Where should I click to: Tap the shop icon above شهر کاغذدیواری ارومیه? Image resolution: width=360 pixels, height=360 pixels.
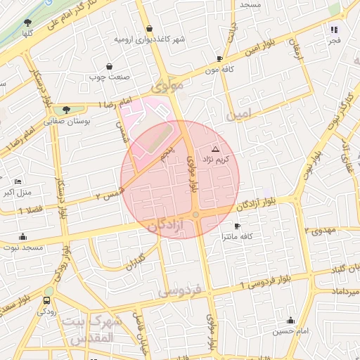149,28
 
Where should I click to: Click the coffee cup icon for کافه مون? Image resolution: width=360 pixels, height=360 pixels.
219,59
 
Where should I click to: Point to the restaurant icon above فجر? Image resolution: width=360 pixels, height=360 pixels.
334,30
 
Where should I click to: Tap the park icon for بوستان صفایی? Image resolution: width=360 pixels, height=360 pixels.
66,110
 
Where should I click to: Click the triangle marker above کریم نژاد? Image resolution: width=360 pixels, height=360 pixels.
215,150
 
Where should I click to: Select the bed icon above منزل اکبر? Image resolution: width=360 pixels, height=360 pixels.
18,181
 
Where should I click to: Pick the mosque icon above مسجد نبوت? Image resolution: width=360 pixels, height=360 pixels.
22,237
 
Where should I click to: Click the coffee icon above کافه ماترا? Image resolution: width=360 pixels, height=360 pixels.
236,226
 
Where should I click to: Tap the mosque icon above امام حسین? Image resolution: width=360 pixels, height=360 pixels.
290,320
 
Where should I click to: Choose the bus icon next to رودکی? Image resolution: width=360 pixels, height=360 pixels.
46,301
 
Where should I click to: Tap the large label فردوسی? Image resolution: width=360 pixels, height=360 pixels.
180,290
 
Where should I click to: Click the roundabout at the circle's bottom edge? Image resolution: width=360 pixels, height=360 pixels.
196,215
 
